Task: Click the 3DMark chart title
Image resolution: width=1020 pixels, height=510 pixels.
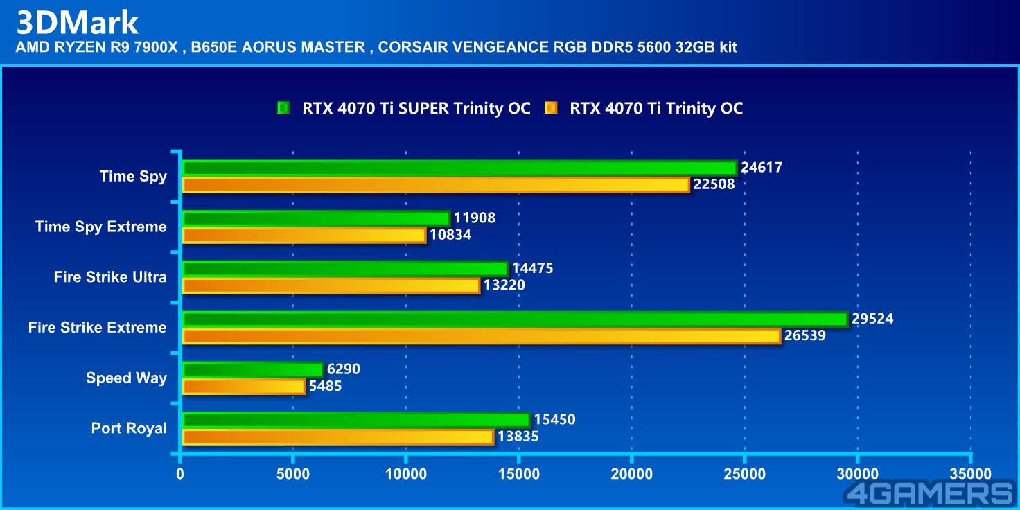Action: (78, 22)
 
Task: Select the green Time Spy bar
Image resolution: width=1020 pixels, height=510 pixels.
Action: (459, 168)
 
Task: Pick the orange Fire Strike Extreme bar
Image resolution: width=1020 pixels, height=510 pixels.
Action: (481, 336)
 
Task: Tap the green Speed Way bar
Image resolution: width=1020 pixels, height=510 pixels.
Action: (252, 369)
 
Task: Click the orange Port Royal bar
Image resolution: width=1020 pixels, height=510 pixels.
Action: (338, 437)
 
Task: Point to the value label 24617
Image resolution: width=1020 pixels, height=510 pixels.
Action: (761, 168)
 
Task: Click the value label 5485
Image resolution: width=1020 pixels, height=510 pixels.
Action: (325, 386)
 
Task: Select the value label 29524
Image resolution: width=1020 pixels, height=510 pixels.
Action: (872, 319)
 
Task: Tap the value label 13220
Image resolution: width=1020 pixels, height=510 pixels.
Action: (504, 285)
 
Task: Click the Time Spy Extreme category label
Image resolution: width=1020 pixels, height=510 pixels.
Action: (101, 227)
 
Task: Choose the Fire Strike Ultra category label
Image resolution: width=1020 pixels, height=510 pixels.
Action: (110, 277)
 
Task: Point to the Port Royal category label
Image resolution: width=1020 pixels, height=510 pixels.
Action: (129, 428)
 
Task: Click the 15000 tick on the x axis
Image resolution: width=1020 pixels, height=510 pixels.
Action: (519, 474)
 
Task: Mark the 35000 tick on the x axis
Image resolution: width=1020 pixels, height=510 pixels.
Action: (970, 474)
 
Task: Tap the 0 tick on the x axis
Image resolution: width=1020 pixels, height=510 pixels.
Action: (180, 474)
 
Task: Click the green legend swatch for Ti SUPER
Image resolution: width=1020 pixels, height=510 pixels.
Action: (283, 108)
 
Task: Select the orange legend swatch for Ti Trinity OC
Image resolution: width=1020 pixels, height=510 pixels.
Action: (551, 108)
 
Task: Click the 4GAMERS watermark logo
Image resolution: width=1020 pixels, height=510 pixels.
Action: (929, 493)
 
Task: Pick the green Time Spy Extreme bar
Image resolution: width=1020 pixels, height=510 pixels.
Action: (316, 218)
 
